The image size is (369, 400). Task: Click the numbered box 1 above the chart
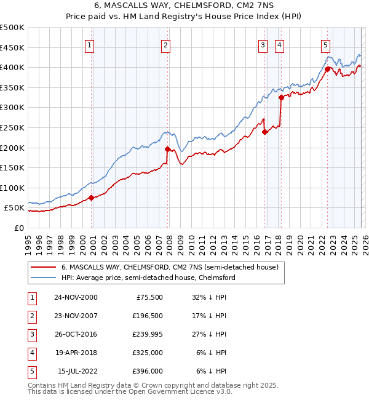coord(90,44)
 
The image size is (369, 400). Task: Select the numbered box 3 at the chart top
coord(263,44)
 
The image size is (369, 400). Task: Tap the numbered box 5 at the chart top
coord(325,44)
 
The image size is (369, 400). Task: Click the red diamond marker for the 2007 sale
coord(167,149)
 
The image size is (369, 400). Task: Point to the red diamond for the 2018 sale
coord(281,97)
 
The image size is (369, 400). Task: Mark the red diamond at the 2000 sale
coord(91,198)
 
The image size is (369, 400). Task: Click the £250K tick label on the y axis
coord(12,127)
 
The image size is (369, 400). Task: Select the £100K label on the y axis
coord(12,188)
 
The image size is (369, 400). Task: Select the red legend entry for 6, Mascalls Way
coord(170,267)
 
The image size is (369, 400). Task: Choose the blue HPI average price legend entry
coord(148,278)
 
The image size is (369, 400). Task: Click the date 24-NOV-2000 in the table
coord(75,297)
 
